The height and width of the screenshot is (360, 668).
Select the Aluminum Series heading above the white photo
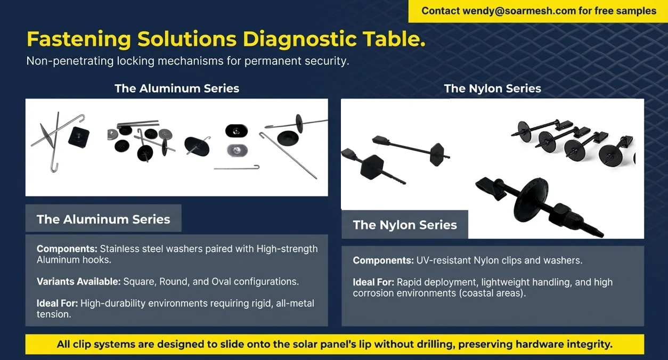177,88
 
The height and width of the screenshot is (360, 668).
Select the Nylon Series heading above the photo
492,88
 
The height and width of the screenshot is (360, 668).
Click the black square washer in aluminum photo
79,138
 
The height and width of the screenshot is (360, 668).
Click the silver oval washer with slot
236,151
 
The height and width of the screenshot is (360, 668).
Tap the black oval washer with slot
236,130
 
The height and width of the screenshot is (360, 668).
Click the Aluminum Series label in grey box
103,219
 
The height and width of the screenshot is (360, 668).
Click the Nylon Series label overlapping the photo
405,225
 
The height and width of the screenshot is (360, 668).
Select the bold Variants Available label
78,281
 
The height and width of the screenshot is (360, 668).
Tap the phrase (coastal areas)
493,293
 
